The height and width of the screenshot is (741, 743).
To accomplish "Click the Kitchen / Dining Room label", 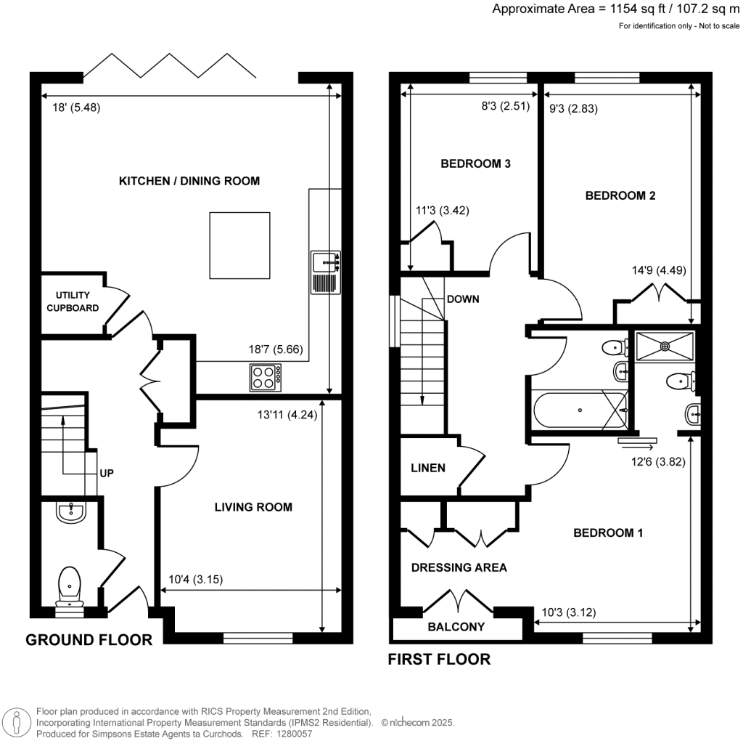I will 189,181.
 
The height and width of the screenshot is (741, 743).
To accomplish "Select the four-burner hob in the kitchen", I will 266,377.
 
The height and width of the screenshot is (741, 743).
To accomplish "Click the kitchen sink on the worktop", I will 325,272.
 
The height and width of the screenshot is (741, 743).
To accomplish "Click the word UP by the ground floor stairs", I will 106,472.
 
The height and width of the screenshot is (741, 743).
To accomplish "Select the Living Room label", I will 253,507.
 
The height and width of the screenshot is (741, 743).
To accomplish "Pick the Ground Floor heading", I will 89,640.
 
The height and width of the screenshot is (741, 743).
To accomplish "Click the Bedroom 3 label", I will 476,164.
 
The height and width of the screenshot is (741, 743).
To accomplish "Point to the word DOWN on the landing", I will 462,299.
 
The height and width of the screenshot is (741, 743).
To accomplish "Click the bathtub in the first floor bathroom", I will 580,410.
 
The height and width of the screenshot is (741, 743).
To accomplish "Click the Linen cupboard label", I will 428,468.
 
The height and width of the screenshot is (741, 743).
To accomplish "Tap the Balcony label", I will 456,627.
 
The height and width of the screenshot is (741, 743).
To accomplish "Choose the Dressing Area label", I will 459,567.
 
